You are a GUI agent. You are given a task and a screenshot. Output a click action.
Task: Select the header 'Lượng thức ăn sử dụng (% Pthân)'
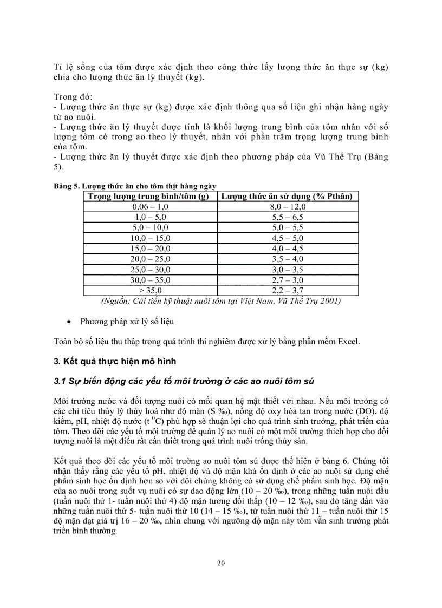point(288,196)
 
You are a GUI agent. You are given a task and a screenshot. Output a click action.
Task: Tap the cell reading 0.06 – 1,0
point(151,206)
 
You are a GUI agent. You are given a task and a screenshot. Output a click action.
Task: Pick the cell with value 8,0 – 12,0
point(288,206)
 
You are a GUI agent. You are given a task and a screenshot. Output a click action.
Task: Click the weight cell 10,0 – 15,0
point(151,238)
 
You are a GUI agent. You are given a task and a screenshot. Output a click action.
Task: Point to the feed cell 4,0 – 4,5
point(288,249)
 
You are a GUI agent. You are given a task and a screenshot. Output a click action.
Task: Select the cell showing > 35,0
point(151,291)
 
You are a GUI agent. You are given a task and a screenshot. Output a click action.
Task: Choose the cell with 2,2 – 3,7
point(288,291)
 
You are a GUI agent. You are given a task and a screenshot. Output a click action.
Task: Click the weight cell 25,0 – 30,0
point(151,270)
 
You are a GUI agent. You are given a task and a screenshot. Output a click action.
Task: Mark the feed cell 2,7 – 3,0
point(288,280)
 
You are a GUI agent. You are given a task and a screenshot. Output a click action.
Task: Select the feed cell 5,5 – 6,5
point(288,217)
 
